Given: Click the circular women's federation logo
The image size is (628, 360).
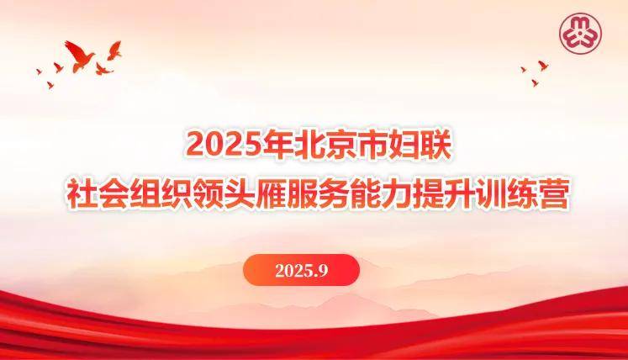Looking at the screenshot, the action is click(580, 34).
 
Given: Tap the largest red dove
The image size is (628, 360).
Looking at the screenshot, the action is click(79, 56).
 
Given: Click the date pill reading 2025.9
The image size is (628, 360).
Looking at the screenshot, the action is click(301, 270).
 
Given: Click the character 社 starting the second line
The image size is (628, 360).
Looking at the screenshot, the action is click(82, 194).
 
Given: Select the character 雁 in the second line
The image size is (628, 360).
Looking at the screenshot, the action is click(272, 194).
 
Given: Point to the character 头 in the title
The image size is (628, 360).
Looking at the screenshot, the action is click(240, 194).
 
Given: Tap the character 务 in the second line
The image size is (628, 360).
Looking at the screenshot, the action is click(335, 194).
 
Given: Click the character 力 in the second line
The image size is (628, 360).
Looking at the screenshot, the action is click(398, 194).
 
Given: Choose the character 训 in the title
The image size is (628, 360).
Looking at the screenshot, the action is click(492, 194).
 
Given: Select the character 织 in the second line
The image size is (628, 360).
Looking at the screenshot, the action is click(177, 194).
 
